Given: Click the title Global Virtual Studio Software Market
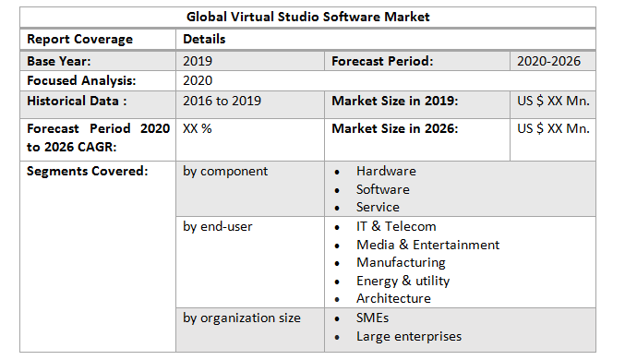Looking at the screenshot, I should tap(308, 17).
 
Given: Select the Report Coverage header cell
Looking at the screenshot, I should tap(79, 39).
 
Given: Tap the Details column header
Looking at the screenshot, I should tap(204, 39).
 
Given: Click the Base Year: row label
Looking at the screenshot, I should tap(60, 61).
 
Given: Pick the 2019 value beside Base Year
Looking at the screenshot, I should tap(198, 61).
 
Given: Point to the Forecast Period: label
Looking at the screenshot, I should tap(382, 61).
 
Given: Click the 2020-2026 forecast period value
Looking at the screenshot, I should tap(551, 61).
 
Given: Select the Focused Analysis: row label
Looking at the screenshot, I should tap(81, 80).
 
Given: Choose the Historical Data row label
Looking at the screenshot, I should tap(77, 101).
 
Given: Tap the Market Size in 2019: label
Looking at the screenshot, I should tap(394, 101).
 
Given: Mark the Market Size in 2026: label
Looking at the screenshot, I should tap(394, 128).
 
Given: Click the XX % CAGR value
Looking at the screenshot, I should tap(198, 128).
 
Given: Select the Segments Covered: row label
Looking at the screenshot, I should tap(87, 171).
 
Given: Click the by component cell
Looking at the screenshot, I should tap(225, 171).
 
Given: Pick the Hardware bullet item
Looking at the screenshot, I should tap(386, 171).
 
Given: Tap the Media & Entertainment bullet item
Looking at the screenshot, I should tap(427, 245).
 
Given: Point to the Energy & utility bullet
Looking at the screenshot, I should tap(403, 281).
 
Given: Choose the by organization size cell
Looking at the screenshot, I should tap(241, 318).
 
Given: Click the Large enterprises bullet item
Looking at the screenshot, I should tap(408, 336).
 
